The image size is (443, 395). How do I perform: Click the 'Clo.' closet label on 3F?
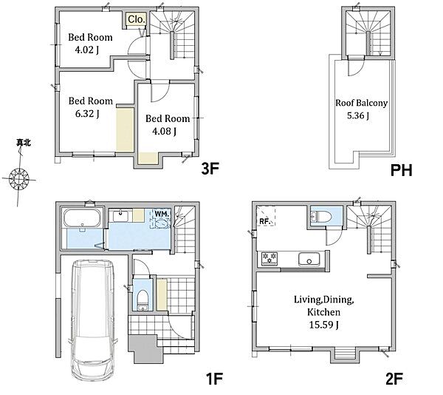(x=137, y=19)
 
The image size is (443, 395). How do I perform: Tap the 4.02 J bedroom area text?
(x=86, y=50)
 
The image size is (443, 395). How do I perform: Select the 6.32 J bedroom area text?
(x=87, y=114)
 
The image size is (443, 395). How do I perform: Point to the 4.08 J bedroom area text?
(x=164, y=131)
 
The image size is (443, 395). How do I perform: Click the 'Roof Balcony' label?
(x=361, y=103)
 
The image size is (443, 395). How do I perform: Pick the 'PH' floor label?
(x=402, y=170)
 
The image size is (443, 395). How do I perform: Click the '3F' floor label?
(x=210, y=169)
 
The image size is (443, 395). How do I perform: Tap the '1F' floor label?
(x=214, y=379)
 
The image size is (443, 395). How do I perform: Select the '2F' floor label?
(x=394, y=379)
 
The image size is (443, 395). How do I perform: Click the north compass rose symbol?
(x=19, y=179)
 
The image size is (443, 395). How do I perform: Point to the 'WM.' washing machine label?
(x=162, y=215)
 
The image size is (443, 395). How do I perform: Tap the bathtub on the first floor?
(x=82, y=218)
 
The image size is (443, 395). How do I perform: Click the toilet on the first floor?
(x=142, y=300)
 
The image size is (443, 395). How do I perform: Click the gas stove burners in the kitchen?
(x=269, y=258)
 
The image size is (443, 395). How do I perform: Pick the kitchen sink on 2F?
(x=309, y=260)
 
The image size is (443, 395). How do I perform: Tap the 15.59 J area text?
(x=324, y=325)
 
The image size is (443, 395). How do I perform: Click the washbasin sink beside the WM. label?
(x=122, y=216)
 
